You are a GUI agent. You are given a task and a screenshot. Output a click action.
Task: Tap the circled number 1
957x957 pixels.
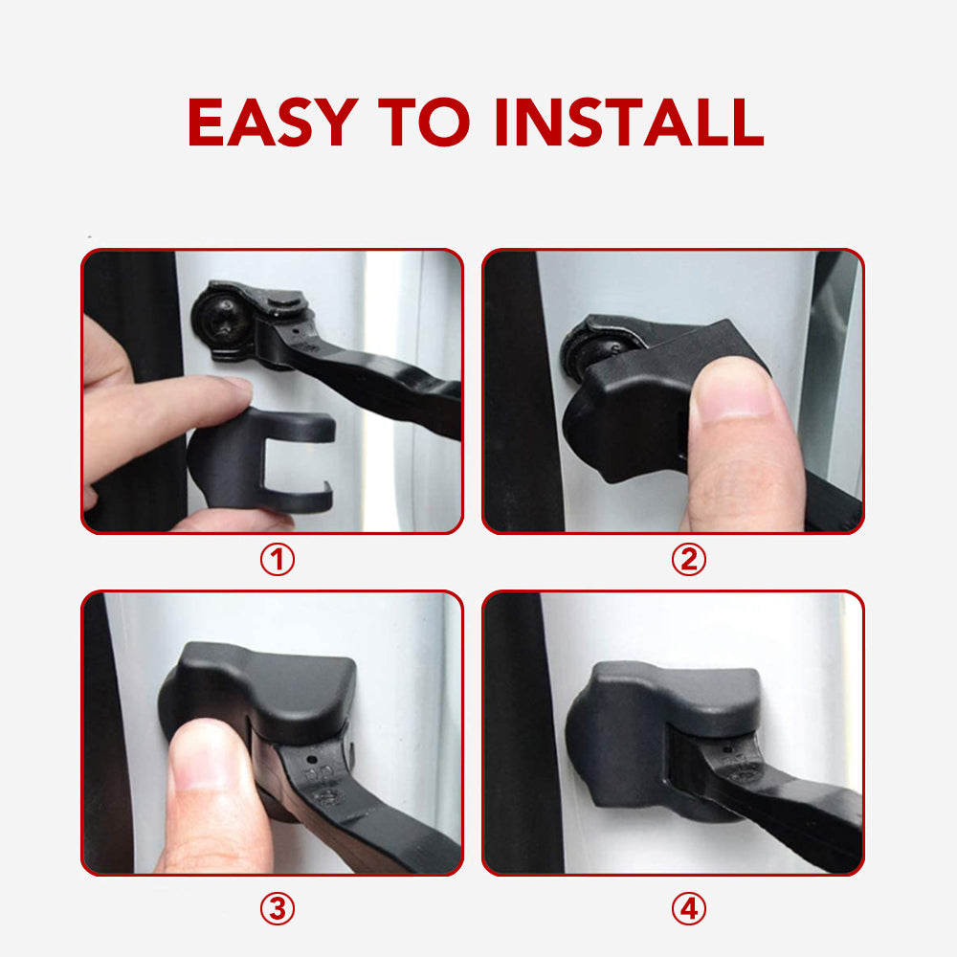(278, 560)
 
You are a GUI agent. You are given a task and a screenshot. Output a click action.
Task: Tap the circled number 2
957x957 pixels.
(687, 560)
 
